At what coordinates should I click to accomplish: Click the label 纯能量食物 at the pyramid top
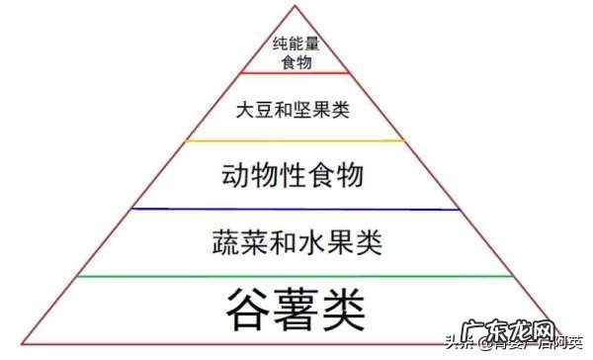click(x=294, y=52)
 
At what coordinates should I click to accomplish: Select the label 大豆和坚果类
click(x=294, y=109)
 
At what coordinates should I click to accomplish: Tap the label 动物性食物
click(x=294, y=176)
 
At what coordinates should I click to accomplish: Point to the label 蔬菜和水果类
click(x=296, y=242)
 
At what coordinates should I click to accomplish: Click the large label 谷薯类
click(x=296, y=310)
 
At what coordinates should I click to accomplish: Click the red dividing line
click(x=295, y=72)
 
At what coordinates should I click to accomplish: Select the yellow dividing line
click(x=295, y=140)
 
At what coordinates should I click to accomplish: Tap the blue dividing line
click(x=295, y=209)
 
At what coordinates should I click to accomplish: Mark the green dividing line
click(x=295, y=277)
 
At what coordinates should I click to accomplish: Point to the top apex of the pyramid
click(x=295, y=5)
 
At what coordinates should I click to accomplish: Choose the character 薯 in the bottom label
click(x=296, y=310)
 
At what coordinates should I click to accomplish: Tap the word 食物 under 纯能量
click(x=294, y=62)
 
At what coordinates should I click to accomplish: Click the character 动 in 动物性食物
click(x=238, y=176)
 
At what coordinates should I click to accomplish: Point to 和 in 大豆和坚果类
click(x=294, y=109)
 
